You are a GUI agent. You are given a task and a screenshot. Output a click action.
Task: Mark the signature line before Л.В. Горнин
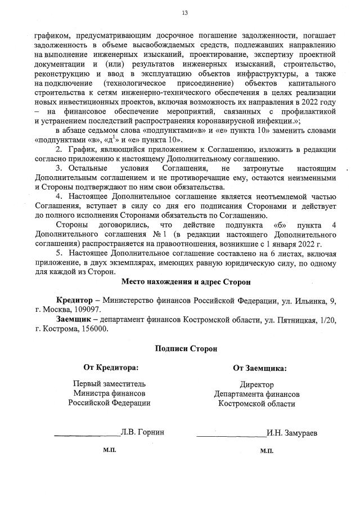[87, 435]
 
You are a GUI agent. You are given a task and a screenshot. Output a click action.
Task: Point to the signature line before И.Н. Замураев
[232, 436]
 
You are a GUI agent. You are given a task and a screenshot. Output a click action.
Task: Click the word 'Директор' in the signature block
[256, 385]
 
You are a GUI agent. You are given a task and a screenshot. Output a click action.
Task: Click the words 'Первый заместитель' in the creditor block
[109, 384]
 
